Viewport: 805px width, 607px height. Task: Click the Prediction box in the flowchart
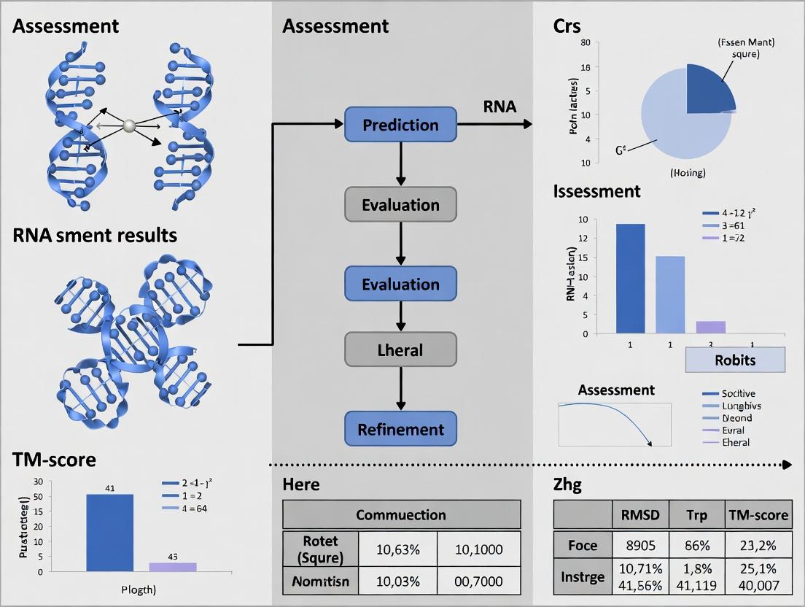pyautogui.click(x=400, y=125)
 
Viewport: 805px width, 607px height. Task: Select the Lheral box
pyautogui.click(x=400, y=349)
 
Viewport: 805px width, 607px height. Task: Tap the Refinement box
pyautogui.click(x=400, y=430)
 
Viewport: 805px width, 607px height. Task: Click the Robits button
pyautogui.click(x=735, y=360)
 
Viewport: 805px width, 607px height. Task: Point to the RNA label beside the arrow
pyautogui.click(x=499, y=107)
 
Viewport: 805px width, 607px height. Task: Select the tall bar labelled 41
pyautogui.click(x=110, y=533)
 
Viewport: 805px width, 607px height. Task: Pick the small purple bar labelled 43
pyautogui.click(x=173, y=566)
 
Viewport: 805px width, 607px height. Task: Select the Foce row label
pyautogui.click(x=582, y=546)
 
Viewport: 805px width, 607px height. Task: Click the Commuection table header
pyautogui.click(x=401, y=514)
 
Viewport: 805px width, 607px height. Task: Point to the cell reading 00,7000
pyautogui.click(x=478, y=581)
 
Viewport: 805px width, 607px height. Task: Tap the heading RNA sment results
pyautogui.click(x=94, y=235)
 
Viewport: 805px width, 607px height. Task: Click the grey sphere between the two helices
pyautogui.click(x=130, y=125)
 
